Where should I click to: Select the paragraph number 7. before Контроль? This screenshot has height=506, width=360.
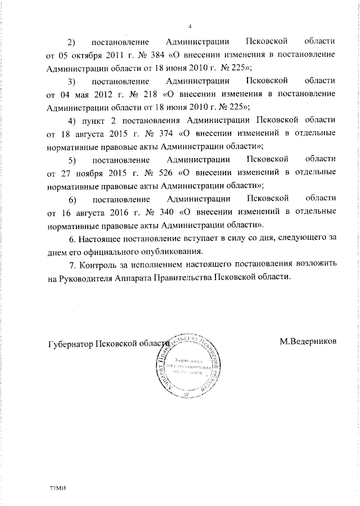[x=71, y=265]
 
